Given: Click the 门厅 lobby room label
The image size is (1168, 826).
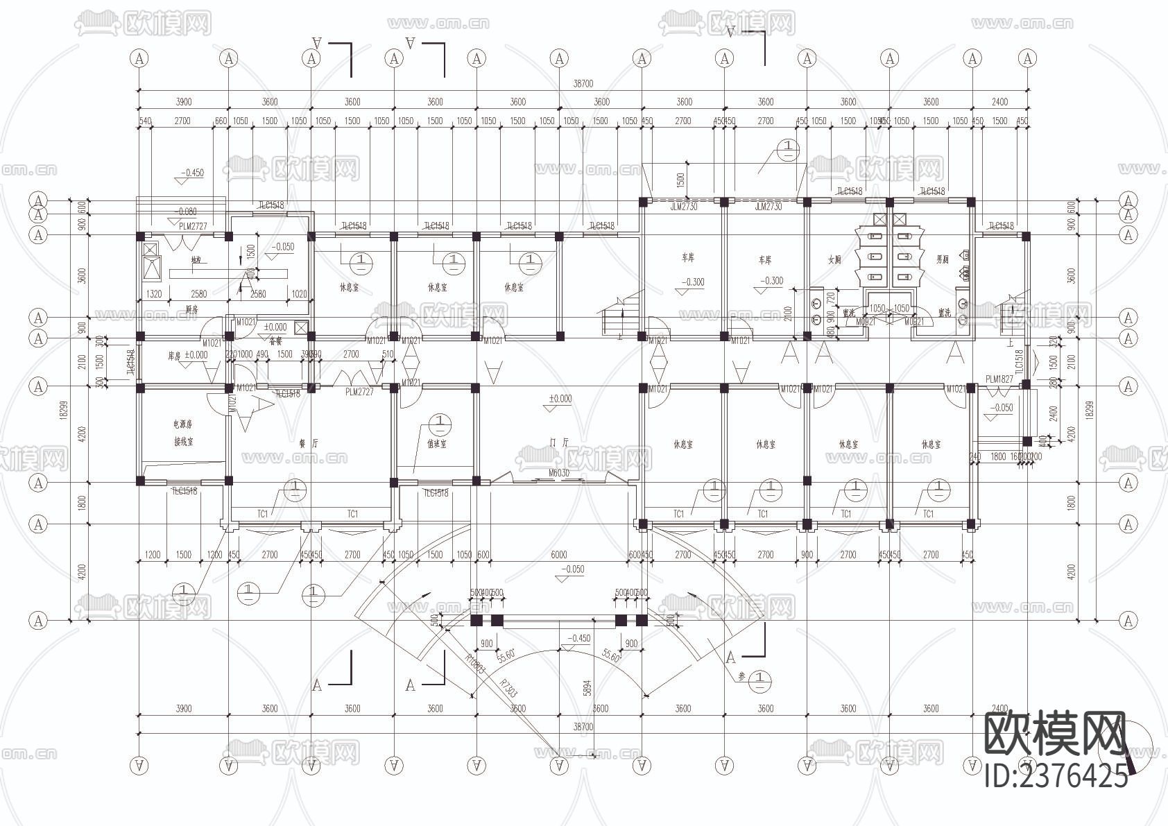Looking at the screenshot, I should pos(559,442).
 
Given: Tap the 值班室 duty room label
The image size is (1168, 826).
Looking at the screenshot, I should pos(437,444).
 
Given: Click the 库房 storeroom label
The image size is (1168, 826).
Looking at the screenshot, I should pos(174,355).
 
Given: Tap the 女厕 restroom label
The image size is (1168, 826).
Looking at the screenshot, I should pos(834,260).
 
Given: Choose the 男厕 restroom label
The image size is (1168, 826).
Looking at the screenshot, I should pos(942,260).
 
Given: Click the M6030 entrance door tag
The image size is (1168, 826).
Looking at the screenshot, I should pos(559,473).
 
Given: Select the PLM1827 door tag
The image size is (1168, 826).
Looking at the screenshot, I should pos(999,379).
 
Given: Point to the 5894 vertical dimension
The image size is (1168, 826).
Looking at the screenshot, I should pos(587,687).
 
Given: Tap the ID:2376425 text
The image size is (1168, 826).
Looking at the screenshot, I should pos(1056,775).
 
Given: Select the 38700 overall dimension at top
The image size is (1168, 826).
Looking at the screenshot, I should pos(583,83).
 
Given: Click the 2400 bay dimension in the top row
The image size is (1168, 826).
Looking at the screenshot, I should pos(999,102).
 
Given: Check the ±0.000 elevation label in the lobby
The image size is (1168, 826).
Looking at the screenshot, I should pos(560,399).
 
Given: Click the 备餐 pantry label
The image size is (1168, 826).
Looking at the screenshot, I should pos(275,341).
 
